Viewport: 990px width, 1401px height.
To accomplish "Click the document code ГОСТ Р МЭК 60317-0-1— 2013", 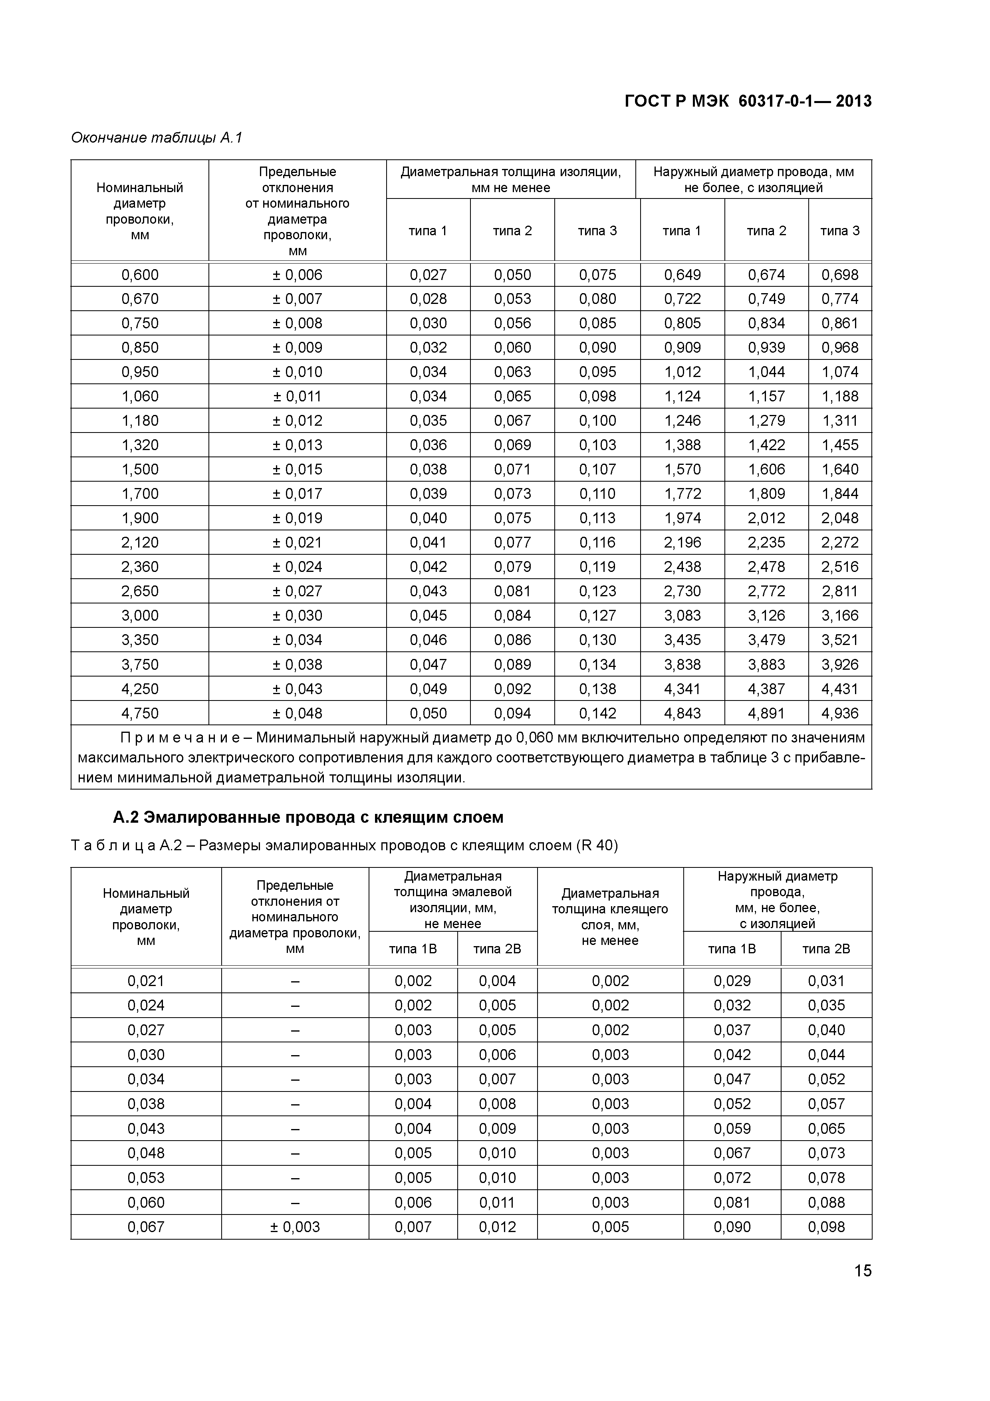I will pos(748,101).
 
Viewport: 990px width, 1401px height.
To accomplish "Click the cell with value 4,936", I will pos(839,713).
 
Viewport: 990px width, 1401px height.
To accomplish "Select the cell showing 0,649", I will pos(682,275).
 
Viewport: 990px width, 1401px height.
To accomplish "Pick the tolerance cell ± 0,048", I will pos(297,713).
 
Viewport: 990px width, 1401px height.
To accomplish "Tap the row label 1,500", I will pos(140,469).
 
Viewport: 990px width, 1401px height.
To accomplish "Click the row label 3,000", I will pos(140,616).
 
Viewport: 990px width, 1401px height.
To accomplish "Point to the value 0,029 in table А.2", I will pos(732,980).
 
